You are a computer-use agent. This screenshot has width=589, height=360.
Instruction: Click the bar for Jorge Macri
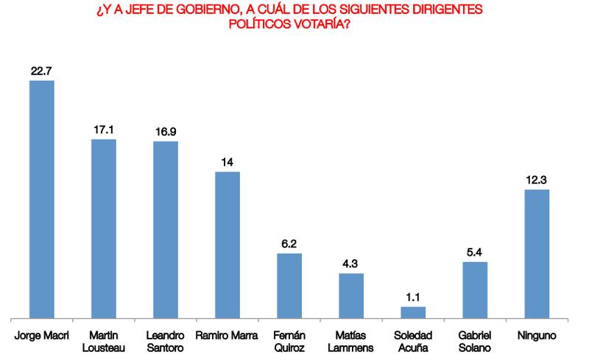41,200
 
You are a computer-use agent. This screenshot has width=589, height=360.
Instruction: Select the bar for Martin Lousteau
103,229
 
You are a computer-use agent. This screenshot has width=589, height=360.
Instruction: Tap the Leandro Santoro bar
166,230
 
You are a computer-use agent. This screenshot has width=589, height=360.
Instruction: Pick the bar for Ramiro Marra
228,245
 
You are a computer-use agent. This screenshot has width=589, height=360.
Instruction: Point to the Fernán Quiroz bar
289,286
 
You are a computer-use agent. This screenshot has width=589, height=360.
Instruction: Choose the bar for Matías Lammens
351,296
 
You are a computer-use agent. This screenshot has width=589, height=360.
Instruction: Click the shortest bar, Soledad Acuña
413,313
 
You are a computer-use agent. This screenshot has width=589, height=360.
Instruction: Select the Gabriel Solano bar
475,290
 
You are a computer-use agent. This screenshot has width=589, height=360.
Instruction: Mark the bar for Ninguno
537,254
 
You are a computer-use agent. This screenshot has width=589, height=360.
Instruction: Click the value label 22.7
41,71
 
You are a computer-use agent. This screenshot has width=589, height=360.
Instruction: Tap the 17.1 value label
103,130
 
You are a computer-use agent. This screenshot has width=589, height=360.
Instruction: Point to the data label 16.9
166,132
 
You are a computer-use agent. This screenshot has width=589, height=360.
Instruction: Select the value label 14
228,162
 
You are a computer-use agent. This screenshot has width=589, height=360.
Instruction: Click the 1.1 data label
413,297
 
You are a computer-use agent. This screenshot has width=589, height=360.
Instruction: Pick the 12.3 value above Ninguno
537,180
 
